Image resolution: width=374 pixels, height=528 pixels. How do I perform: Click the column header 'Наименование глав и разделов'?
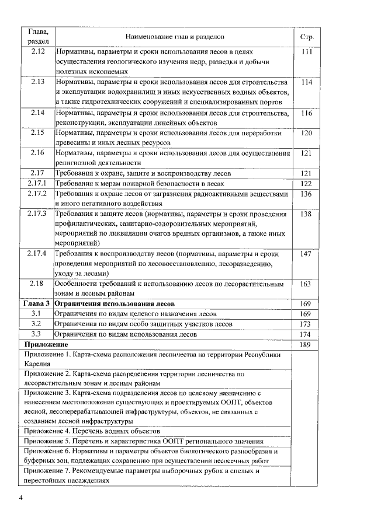(174, 37)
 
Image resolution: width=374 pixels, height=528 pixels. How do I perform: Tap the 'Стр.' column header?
(307, 37)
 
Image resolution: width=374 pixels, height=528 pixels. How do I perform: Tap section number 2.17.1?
(37, 184)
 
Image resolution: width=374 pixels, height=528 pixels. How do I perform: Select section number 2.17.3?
(37, 214)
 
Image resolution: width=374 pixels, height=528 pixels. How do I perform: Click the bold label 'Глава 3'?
(36, 304)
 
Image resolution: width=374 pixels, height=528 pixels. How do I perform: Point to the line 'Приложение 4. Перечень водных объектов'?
(92, 431)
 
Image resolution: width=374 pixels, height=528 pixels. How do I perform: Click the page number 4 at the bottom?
(21, 498)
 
